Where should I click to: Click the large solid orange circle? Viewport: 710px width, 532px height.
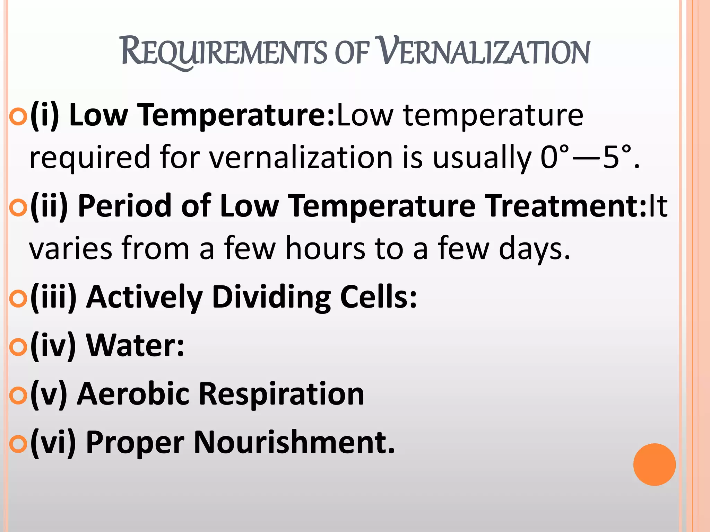tap(654, 464)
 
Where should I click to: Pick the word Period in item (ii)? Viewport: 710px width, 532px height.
tap(125, 206)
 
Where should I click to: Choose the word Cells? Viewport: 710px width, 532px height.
tap(378, 297)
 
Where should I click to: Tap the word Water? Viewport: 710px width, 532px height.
tap(135, 346)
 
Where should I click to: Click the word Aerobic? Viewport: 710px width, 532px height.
tap(133, 394)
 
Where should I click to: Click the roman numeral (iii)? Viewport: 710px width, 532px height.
tap(53, 297)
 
